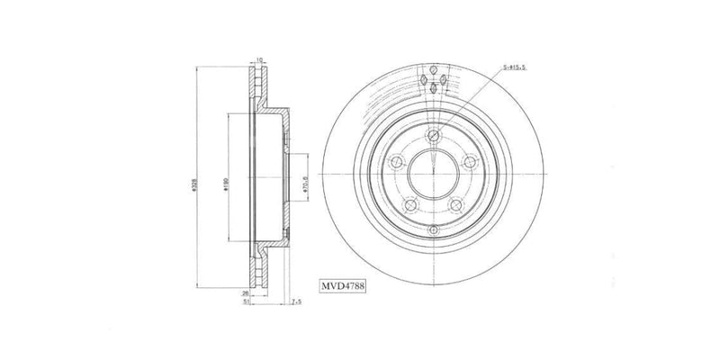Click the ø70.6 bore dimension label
(305, 186)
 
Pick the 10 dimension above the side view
(259, 60)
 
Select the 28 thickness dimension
(244, 293)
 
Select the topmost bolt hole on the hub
(433, 135)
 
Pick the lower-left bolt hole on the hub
(410, 205)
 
